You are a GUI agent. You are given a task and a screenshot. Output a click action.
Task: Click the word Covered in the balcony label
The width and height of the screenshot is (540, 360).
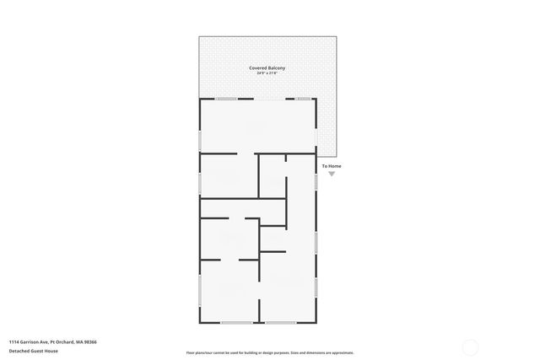click(x=257, y=67)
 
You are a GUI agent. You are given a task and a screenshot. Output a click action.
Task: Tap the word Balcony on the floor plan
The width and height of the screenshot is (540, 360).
click(x=276, y=67)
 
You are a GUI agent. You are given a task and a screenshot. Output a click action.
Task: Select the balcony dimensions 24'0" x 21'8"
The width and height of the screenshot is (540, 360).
click(x=267, y=73)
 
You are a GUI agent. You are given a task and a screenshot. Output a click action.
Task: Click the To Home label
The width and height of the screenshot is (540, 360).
click(x=332, y=166)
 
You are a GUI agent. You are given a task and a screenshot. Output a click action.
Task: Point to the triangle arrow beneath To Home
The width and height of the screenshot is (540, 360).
click(x=332, y=174)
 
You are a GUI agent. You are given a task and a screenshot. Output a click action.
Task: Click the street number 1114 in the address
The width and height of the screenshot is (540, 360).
click(x=15, y=341)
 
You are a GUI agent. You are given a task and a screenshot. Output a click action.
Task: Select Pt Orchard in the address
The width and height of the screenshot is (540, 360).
click(x=62, y=341)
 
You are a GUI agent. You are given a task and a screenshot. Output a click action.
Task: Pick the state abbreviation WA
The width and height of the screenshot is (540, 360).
click(x=79, y=341)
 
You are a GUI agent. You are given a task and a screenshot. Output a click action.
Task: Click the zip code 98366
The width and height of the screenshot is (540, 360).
click(x=90, y=341)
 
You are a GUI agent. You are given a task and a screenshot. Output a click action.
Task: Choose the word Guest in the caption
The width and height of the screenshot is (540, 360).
click(x=37, y=351)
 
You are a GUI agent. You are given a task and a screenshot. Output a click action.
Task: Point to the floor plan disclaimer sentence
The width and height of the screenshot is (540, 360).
click(x=269, y=352)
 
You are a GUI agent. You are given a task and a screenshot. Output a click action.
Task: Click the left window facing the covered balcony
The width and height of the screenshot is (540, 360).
click(x=225, y=99)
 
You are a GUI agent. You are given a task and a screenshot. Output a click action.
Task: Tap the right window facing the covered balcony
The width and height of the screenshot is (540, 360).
click(x=303, y=99)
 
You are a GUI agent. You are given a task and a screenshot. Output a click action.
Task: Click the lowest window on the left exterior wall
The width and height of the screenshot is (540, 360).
click(x=200, y=290)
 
